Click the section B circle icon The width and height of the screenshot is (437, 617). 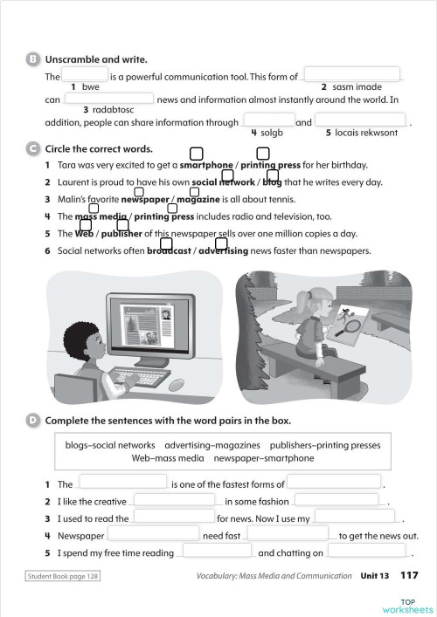pos(33,59)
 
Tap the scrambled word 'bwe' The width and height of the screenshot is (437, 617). pos(91,86)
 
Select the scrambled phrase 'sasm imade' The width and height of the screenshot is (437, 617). pos(357,86)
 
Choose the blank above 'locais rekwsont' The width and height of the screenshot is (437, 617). pos(359,120)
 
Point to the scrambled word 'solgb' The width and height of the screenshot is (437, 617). pos(268,133)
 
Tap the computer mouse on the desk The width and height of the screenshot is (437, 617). pos(177,385)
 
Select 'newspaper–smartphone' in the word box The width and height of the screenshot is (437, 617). pos(263,457)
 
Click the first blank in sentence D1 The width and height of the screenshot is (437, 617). pos(122,482)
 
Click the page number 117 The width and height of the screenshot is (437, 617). pos(409,576)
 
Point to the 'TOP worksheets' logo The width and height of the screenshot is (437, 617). pos(416,605)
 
